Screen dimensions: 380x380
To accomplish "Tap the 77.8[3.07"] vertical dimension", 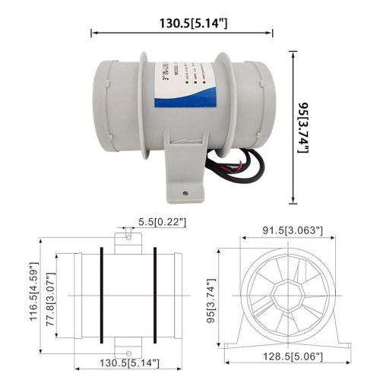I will (52, 294).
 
